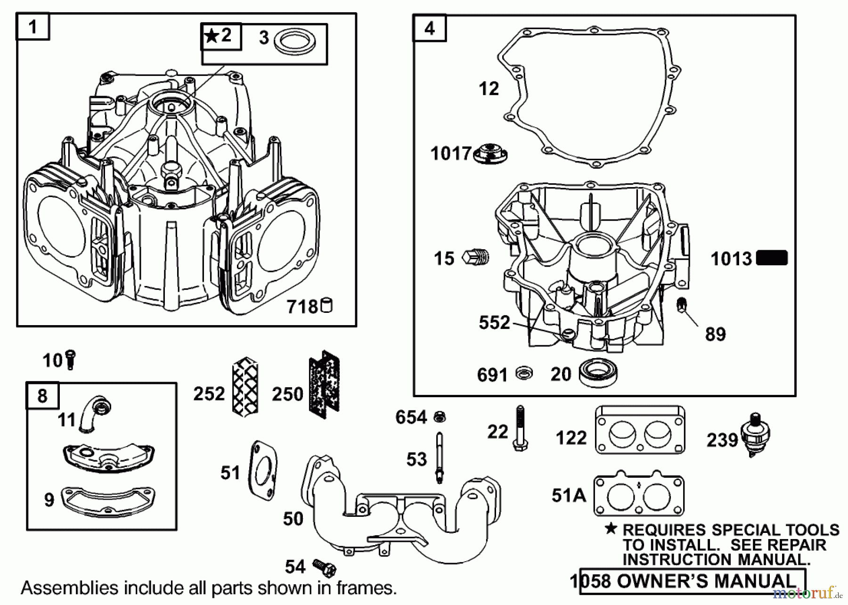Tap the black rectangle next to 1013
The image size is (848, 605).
point(772,258)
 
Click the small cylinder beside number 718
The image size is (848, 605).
point(326,306)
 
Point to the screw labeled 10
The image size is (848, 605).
point(71,360)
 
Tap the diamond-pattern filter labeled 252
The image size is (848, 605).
point(245,386)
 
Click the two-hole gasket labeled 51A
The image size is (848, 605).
point(638,495)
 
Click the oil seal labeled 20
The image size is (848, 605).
point(598,373)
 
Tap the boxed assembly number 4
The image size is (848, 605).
point(430,29)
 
